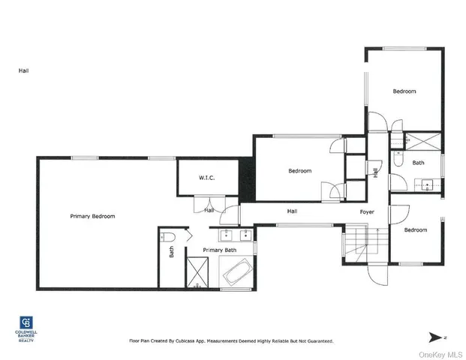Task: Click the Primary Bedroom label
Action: pos(92,216)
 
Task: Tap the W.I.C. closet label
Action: pos(207,178)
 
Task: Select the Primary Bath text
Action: pos(220,250)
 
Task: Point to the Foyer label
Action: pos(367,211)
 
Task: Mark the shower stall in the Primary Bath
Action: pos(197,272)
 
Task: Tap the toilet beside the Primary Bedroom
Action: pos(168,238)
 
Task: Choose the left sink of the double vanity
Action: pos(212,230)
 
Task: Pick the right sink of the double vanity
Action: pos(242,230)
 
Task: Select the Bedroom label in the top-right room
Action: pos(404,91)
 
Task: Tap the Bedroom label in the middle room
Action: pos(299,171)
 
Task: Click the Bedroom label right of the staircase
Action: pos(415,230)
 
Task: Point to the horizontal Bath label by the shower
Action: pos(418,162)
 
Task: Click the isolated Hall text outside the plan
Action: pos(24,71)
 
